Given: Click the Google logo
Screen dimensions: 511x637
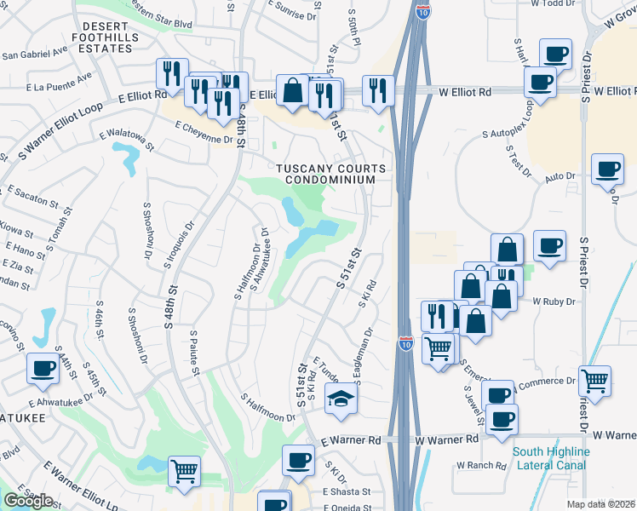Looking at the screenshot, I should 27,501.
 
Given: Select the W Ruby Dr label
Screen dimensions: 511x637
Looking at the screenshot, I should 550,301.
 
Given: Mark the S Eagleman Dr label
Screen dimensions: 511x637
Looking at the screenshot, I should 364,356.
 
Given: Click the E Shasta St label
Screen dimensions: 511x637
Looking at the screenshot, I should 347,492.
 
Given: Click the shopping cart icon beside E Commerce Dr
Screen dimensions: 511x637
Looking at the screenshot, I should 594,381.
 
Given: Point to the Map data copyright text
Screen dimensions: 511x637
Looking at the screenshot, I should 600,504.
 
